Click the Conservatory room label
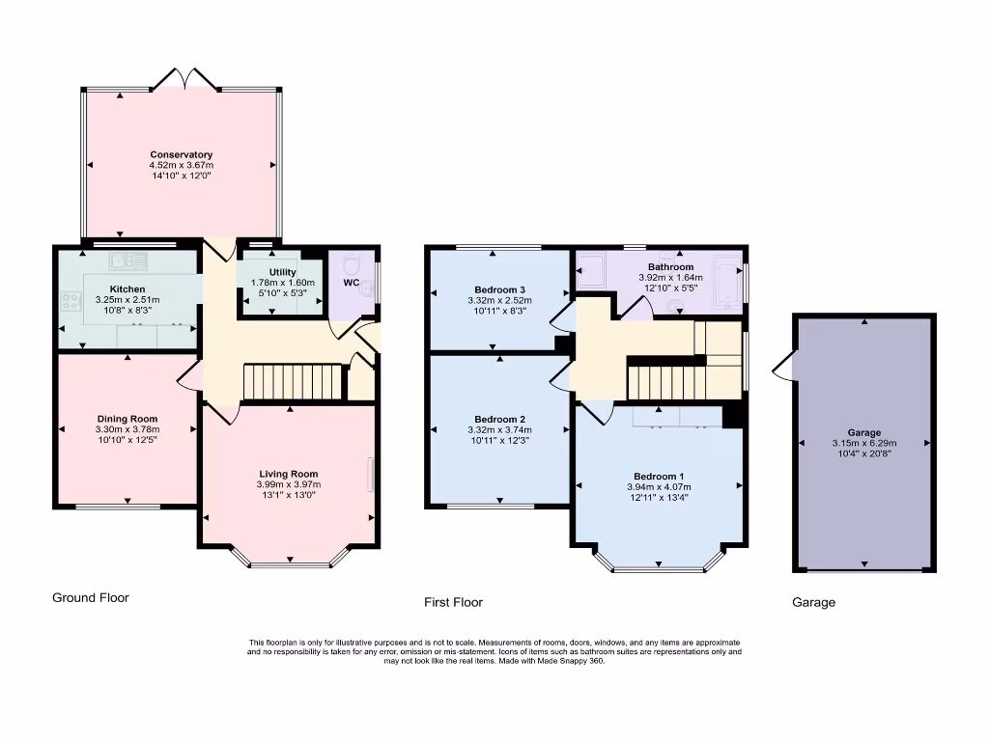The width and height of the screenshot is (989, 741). coord(181,154)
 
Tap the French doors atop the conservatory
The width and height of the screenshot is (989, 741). coord(184,79)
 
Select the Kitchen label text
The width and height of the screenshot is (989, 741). coord(127,289)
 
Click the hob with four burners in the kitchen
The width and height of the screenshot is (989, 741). coord(71,301)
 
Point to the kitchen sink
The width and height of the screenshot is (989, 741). coord(128,261)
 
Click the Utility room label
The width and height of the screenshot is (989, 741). coord(283,272)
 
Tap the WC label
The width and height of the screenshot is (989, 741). coord(352,283)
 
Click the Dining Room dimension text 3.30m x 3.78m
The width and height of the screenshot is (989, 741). coord(127,429)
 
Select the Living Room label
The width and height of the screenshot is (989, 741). coord(288,474)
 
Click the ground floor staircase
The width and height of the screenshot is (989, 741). coord(292,381)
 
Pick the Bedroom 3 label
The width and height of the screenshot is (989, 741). coord(499,289)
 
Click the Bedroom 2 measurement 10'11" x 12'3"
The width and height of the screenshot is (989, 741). coord(499,440)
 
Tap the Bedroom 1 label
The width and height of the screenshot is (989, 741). coord(659,477)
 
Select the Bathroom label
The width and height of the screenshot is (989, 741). coord(670,266)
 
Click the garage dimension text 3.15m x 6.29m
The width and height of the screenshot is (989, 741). coord(864,443)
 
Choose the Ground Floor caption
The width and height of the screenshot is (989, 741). coord(90,597)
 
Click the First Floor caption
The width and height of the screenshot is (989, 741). coord(453,602)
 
